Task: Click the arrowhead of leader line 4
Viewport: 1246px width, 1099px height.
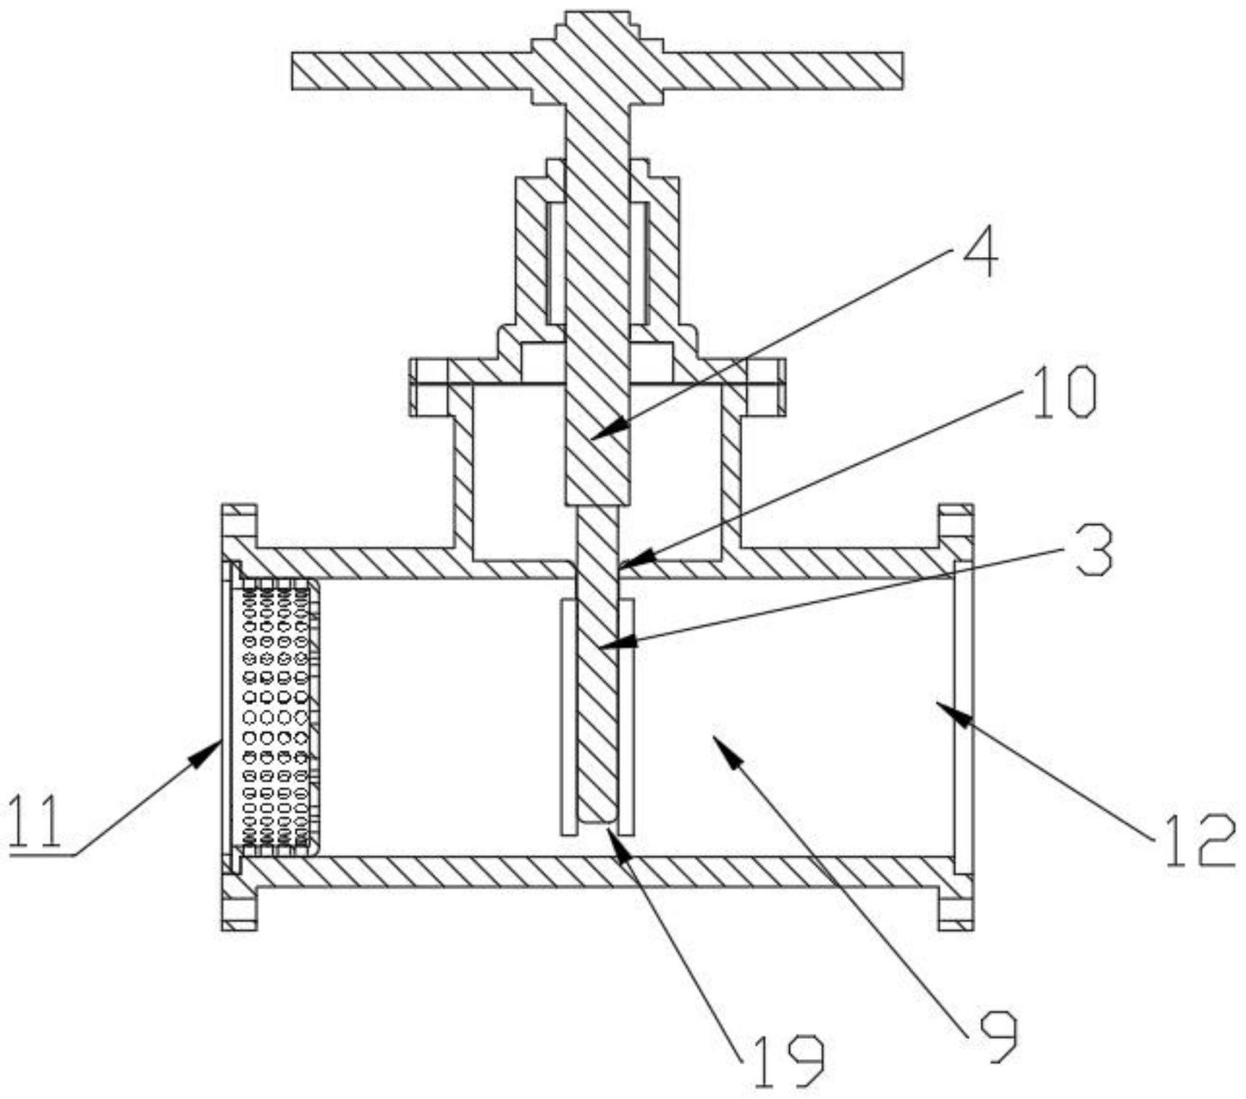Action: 594,437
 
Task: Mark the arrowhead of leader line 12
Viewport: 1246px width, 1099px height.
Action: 938,703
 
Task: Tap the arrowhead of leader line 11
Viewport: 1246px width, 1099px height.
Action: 219,740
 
